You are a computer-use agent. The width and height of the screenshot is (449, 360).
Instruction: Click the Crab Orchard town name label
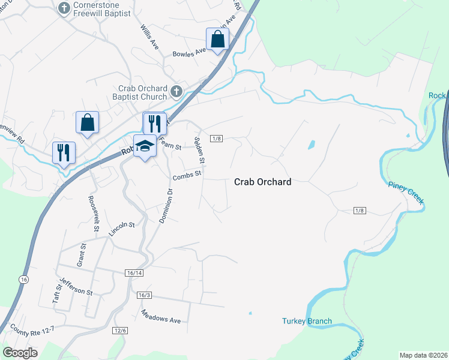tap(262, 182)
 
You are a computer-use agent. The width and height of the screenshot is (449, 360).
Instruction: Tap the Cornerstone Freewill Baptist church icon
tap(64, 8)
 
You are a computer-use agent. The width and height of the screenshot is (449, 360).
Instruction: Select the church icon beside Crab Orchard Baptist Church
tap(176, 92)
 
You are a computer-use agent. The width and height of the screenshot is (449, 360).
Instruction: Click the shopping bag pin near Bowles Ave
tap(217, 40)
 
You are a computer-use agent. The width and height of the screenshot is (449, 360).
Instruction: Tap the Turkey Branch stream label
tap(307, 321)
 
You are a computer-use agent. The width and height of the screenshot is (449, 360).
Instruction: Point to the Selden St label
tap(200, 150)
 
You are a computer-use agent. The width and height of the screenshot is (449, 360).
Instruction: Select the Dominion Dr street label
tap(166, 206)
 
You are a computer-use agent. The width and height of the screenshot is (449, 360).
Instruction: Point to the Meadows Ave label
tap(161, 316)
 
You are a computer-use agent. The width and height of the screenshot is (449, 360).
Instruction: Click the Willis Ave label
tap(149, 37)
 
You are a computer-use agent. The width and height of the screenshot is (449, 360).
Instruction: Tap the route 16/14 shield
tap(134, 273)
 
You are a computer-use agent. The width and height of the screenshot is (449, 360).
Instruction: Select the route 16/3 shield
tap(144, 295)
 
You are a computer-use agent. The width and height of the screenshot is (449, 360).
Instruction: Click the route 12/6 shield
tap(120, 330)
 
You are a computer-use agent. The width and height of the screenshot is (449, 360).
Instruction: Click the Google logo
tap(20, 352)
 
